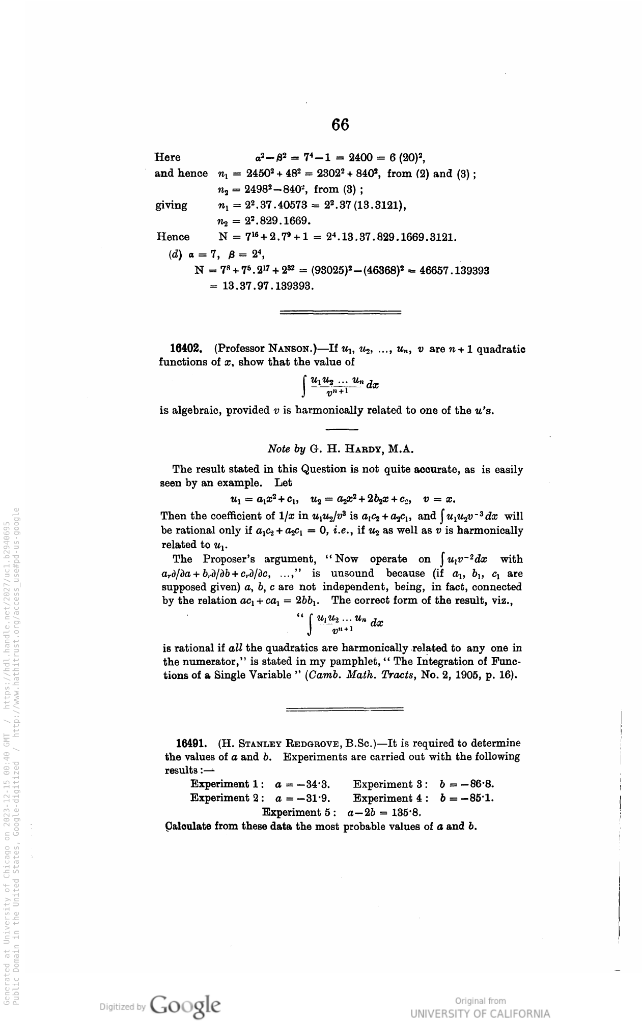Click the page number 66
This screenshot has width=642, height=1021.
[340, 125]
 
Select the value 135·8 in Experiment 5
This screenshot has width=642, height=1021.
[405, 812]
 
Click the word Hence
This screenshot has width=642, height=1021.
[173, 237]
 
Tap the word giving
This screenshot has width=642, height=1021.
[171, 206]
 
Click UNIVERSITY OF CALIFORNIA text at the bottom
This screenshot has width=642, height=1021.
[480, 1013]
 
